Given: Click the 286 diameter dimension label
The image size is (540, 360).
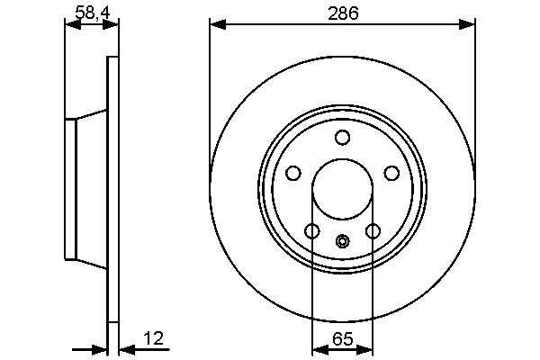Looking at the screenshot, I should click(x=343, y=13).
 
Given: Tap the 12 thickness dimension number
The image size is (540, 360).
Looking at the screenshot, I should click(x=155, y=338).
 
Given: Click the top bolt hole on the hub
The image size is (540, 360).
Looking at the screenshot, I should click(x=342, y=137).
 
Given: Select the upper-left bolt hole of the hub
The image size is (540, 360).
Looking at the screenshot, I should click(x=292, y=173).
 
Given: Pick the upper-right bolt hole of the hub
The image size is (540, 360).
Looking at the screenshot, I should click(x=391, y=173).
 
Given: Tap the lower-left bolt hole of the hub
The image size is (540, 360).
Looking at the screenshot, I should click(x=312, y=231).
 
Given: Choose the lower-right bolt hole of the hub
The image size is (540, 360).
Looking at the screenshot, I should click(x=373, y=231).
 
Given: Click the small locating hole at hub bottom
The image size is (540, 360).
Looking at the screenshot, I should click(x=342, y=240).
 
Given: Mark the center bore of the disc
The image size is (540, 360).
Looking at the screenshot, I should click(x=342, y=191).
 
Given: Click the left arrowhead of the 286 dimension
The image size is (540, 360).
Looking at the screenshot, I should click(x=217, y=25).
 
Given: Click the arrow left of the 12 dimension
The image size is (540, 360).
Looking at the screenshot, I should click(x=100, y=350).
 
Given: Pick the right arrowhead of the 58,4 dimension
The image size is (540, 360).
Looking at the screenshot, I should click(x=112, y=25).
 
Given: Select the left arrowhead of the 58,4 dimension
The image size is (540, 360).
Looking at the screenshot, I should click(x=72, y=25).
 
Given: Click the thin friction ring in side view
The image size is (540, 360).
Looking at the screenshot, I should click(x=112, y=191).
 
